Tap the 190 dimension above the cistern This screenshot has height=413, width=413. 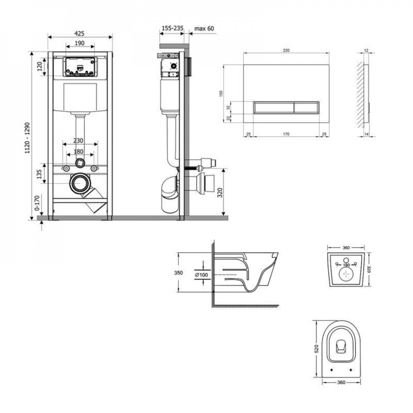80,43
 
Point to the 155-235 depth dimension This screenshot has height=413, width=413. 171,28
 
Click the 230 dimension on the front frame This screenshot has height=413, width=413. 80,140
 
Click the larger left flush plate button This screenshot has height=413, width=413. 272,107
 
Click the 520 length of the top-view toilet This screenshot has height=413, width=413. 316,349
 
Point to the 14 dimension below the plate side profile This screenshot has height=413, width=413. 366,134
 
